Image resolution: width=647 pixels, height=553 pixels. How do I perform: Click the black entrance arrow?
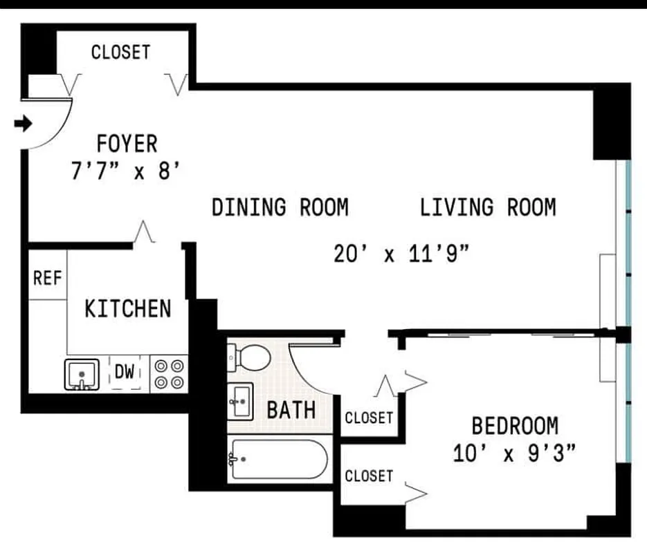click(x=24, y=124)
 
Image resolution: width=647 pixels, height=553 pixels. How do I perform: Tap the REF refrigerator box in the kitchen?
click(x=48, y=279)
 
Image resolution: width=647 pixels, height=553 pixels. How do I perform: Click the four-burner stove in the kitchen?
click(x=170, y=373)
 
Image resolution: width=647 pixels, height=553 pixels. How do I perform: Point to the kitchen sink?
click(x=82, y=374)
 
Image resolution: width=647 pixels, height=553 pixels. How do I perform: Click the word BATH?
click(x=291, y=410)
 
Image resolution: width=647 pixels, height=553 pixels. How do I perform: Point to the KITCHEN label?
click(x=127, y=308)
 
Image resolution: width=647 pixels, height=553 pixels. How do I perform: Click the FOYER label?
click(x=127, y=144)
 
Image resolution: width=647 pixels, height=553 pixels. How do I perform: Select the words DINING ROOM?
click(x=280, y=207)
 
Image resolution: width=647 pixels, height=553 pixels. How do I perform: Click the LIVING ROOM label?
click(x=488, y=207)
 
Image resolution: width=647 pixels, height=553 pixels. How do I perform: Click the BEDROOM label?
click(x=515, y=424)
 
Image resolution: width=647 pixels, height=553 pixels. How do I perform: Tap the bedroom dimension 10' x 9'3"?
click(x=515, y=453)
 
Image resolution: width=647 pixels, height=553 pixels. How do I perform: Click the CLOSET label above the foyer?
click(x=120, y=52)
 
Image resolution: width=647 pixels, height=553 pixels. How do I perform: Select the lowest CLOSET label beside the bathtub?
click(x=369, y=476)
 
